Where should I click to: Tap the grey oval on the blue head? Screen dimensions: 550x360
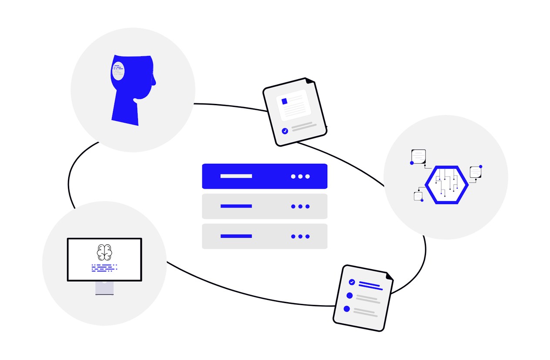118,71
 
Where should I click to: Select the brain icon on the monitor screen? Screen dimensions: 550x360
104,252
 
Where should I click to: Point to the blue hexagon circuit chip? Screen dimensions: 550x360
446,185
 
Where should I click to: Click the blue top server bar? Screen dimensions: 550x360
265,176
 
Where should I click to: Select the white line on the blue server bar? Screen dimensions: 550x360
236,176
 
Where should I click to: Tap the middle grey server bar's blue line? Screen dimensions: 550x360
236,206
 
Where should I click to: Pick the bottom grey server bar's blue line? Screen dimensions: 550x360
236,236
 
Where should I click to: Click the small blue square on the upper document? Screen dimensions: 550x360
285,101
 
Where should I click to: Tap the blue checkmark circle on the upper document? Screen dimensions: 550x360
285,130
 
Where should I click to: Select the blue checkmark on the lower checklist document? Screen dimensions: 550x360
352,282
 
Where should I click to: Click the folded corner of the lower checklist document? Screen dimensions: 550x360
389,276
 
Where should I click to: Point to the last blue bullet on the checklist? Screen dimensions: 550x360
347,309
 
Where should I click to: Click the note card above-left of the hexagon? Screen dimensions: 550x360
419,156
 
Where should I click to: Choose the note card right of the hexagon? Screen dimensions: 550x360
475,172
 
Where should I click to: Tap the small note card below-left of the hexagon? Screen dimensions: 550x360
418,196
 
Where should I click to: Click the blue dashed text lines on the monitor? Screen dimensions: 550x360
104,267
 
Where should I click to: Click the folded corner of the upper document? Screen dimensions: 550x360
309,80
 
